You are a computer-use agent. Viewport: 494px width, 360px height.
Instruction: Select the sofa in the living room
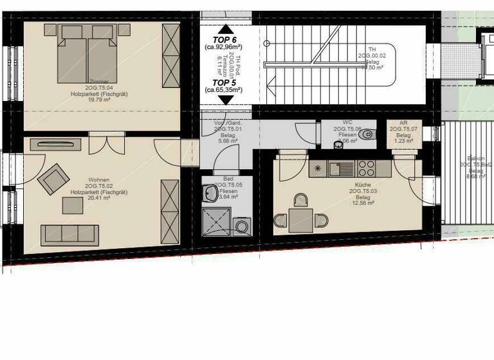(x=70, y=235)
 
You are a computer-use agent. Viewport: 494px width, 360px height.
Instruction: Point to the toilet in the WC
(x=366, y=135)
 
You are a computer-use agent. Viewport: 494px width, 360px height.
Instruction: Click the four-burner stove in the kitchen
(x=365, y=169)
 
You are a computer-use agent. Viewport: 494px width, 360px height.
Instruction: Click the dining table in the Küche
(x=300, y=221)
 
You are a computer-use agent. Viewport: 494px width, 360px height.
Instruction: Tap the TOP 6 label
(x=223, y=40)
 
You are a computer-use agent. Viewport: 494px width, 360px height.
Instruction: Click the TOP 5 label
(x=223, y=83)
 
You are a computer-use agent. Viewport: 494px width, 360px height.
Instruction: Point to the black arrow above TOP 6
(x=224, y=28)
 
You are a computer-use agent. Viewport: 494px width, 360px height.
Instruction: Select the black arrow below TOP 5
(x=224, y=100)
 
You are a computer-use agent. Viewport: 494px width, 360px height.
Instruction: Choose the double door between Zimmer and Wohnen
(x=102, y=143)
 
